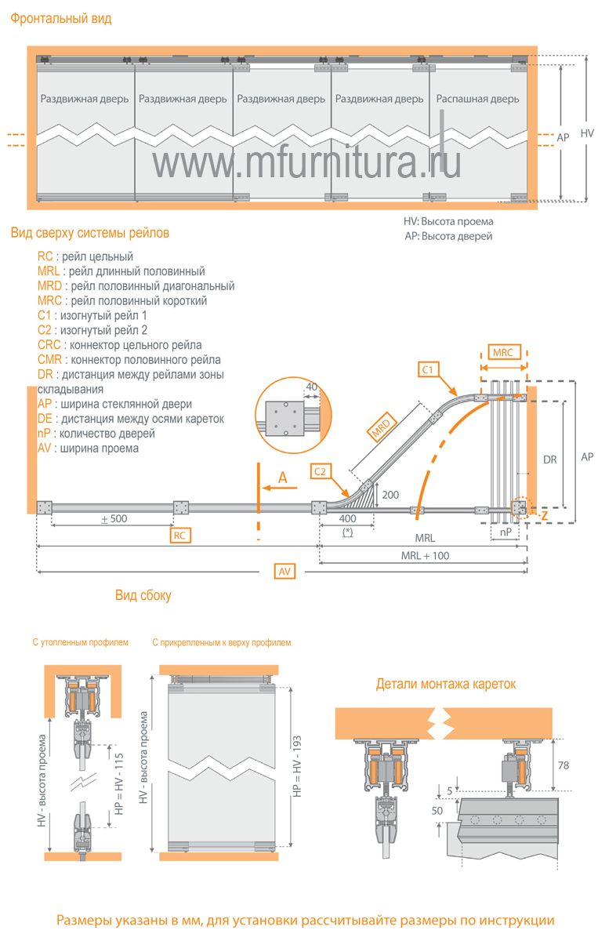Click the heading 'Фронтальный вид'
click(x=61, y=18)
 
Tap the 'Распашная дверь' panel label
click(x=477, y=100)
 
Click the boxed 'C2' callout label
click(x=322, y=471)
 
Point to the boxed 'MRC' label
click(x=502, y=353)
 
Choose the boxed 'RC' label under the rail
click(x=181, y=535)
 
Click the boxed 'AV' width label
click(x=285, y=572)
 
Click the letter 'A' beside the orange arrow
click(x=283, y=478)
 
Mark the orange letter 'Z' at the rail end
click(x=544, y=516)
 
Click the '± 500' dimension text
click(x=114, y=519)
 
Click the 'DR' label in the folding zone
click(x=549, y=460)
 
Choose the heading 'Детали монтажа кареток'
click(x=446, y=684)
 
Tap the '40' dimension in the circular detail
click(x=310, y=387)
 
